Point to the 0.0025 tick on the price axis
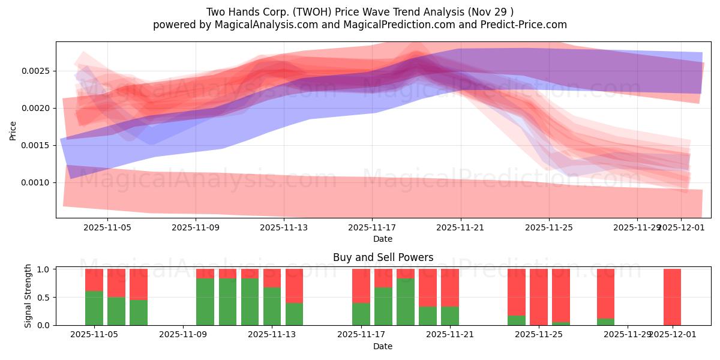pos(37,71)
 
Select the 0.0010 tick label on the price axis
pos(37,183)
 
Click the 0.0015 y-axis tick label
pos(37,146)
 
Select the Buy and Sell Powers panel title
pos(383,257)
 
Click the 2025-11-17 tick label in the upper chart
pos(372,228)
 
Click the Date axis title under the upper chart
pos(383,239)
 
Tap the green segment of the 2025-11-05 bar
pos(94,308)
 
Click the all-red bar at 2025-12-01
pos(672,297)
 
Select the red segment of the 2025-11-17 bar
pos(361,286)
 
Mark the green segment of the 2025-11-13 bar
pos(272,306)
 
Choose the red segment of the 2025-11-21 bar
pos(449,287)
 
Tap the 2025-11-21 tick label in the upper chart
pos(460,228)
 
